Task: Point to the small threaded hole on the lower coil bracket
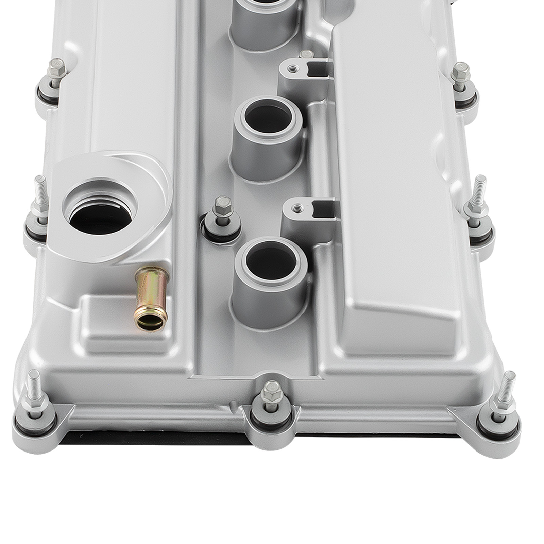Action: (x=298, y=207)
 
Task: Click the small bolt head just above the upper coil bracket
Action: (x=306, y=54)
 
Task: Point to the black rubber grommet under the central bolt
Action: (x=221, y=235)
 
